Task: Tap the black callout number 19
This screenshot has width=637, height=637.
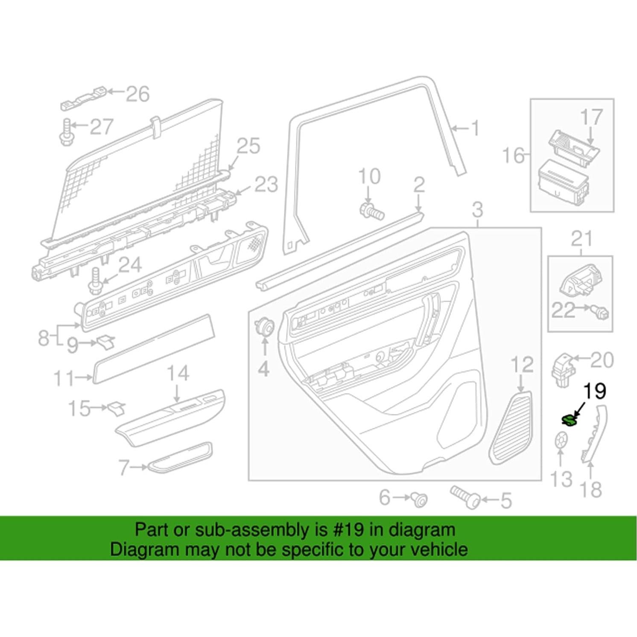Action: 595,391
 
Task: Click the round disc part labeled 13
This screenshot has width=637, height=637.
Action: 560,440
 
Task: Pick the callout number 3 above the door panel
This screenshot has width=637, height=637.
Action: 477,210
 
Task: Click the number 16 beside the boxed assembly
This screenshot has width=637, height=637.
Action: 513,155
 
